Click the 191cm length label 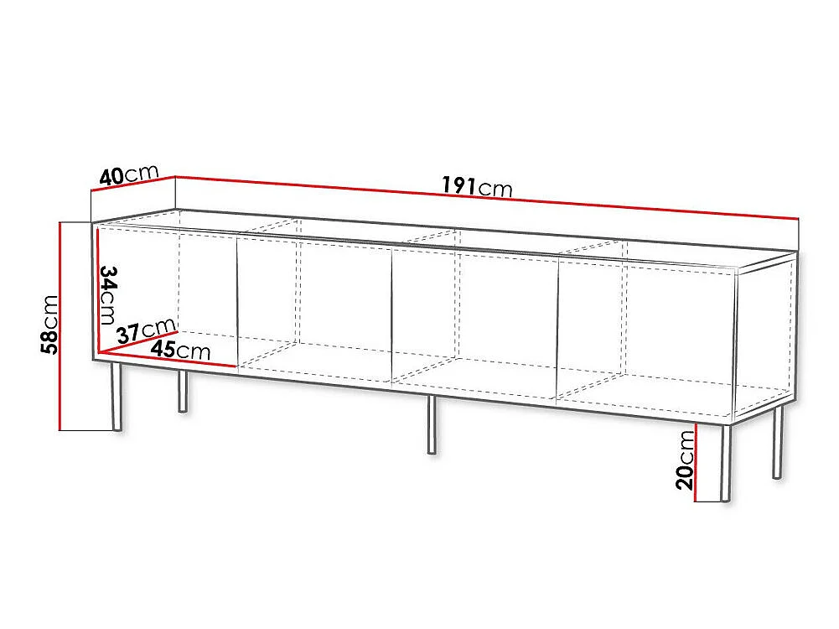tap(477, 186)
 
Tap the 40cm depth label tap(129, 174)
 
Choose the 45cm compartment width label tap(180, 350)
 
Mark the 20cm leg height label tap(685, 460)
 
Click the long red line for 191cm tap(487, 197)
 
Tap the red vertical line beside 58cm tap(61, 326)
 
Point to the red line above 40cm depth tap(133, 185)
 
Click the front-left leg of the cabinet tap(117, 397)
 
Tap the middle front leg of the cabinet tap(432, 425)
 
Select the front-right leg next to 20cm tap(726, 464)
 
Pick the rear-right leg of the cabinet tap(778, 443)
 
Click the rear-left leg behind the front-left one tap(183, 392)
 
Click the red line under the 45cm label tap(168, 360)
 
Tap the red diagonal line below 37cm tap(138, 342)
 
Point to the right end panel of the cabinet tap(766, 336)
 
